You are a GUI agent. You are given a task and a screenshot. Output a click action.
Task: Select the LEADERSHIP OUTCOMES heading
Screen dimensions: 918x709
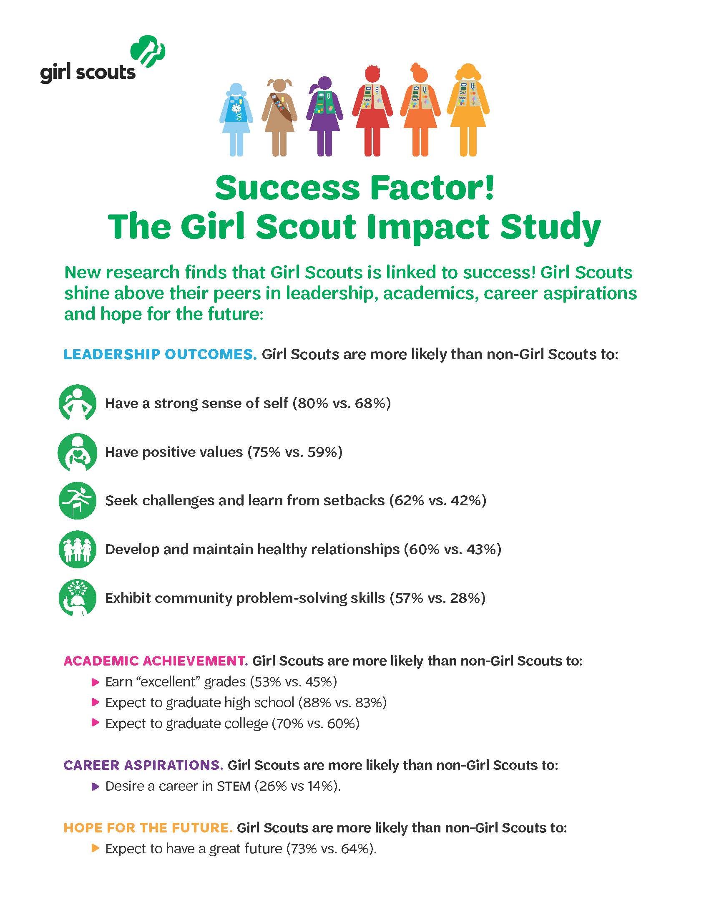point(160,354)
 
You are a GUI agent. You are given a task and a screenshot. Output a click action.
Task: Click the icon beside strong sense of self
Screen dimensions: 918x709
point(78,403)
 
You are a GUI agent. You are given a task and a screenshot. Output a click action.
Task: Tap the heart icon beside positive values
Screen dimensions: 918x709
point(78,452)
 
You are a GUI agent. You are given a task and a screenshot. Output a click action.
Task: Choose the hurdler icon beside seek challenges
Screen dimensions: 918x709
point(78,500)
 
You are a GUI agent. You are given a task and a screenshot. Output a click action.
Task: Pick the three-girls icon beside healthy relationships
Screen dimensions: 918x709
point(78,549)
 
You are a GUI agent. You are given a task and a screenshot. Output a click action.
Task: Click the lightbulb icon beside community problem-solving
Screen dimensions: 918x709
point(78,598)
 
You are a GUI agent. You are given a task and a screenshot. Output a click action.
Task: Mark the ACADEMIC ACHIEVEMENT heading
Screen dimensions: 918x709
point(155,661)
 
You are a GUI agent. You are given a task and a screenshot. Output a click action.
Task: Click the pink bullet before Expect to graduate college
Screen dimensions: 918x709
point(95,723)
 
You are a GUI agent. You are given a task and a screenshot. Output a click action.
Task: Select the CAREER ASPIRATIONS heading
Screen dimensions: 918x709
point(143,765)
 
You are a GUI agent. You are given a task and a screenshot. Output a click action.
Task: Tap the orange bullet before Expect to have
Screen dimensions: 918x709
point(95,849)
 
